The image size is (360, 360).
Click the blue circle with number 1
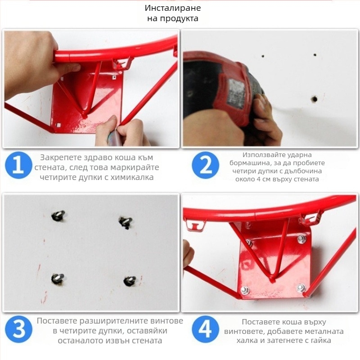(18, 165)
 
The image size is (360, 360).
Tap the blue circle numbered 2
(206, 165)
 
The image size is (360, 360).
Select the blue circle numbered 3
(18, 329)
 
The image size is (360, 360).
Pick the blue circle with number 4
(205, 329)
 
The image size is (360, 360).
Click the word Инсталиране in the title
(173, 8)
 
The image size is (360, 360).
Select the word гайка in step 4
(319, 341)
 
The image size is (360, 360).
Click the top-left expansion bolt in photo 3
(58, 216)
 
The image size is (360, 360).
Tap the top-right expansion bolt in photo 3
(126, 222)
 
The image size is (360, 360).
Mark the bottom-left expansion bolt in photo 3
(58, 278)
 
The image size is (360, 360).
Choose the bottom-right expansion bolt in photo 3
(130, 280)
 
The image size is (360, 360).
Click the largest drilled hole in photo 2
(314, 99)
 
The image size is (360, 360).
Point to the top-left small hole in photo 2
(263, 56)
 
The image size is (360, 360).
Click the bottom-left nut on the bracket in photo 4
(245, 290)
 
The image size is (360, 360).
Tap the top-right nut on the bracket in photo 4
(301, 239)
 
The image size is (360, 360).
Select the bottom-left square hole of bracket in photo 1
(58, 125)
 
